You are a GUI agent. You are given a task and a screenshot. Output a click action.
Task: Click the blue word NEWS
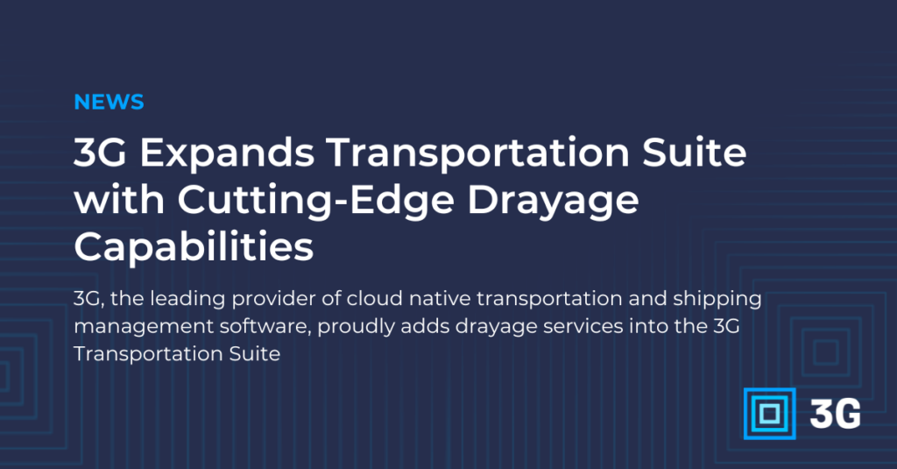pos(109,102)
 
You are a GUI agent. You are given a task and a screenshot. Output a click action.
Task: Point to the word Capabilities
pos(194,247)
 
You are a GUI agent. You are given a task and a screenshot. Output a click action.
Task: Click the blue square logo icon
pos(768,413)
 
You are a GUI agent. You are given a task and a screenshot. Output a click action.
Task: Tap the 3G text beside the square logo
pos(835,413)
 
